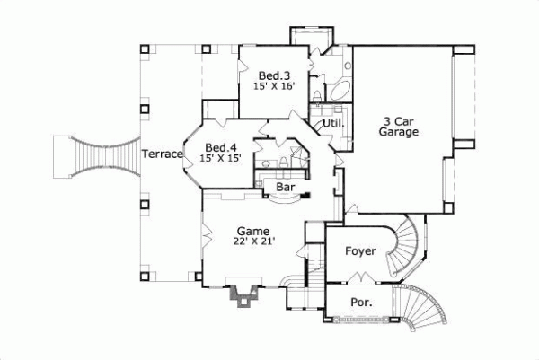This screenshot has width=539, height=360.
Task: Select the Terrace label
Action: [162, 154]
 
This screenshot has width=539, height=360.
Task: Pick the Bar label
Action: [286, 188]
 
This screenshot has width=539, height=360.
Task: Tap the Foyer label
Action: [360, 251]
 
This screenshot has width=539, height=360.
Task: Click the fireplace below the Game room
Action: [242, 295]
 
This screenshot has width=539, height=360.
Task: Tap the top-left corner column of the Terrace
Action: [144, 47]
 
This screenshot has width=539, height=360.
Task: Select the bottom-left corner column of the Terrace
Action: [144, 268]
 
